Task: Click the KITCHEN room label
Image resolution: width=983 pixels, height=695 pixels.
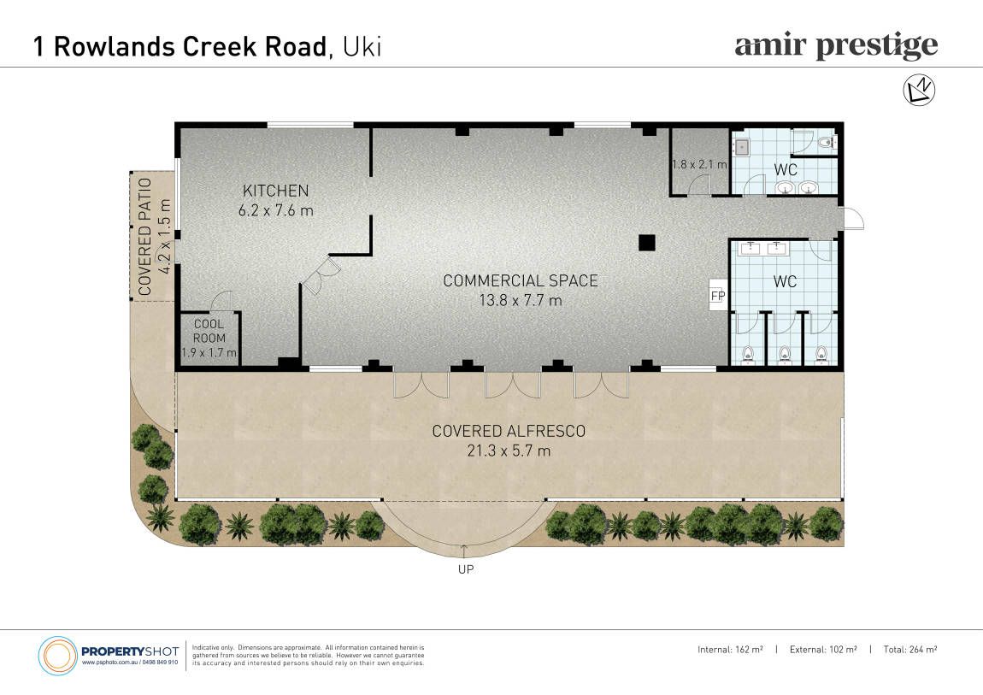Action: click(x=276, y=191)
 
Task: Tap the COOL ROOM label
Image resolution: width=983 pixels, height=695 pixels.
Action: click(x=209, y=331)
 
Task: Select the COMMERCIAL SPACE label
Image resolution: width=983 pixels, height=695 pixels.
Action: click(x=521, y=280)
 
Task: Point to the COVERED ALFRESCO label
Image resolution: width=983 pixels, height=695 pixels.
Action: click(x=509, y=431)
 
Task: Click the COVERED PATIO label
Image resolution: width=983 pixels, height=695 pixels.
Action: click(x=145, y=237)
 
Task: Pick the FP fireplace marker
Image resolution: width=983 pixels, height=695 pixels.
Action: click(x=718, y=296)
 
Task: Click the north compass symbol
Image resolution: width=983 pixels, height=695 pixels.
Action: click(x=918, y=90)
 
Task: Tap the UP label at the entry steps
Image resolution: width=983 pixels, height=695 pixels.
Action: click(x=466, y=569)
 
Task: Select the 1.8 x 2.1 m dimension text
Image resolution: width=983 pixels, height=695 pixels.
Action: click(x=699, y=165)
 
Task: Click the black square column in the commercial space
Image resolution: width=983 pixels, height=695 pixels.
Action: click(x=647, y=243)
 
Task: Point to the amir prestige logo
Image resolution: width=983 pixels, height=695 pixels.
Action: click(x=836, y=46)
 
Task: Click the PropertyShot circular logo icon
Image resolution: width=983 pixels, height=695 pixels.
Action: click(x=57, y=657)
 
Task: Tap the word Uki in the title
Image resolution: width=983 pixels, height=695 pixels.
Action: click(x=362, y=47)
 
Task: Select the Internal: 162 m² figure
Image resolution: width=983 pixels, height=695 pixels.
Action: click(x=730, y=650)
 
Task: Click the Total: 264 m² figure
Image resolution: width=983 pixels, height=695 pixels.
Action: click(x=910, y=650)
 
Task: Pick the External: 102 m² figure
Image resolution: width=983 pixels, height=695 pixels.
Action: click(x=823, y=650)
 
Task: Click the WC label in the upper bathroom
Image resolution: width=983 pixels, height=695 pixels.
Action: click(x=786, y=170)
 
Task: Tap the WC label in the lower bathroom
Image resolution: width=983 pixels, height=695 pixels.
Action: click(x=785, y=282)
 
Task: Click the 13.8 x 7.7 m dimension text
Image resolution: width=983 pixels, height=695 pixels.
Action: click(x=521, y=301)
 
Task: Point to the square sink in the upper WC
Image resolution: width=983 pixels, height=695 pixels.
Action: click(x=743, y=147)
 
